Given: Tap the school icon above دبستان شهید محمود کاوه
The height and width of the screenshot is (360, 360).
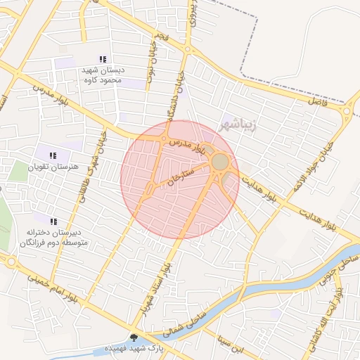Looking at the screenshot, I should point(103,60).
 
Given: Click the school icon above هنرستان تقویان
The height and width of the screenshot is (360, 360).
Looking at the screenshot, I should point(52,155).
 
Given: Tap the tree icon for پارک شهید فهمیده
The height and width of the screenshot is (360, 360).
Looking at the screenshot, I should point(134,337).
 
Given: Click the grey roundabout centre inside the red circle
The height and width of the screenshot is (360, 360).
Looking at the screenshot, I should point(220,162).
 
